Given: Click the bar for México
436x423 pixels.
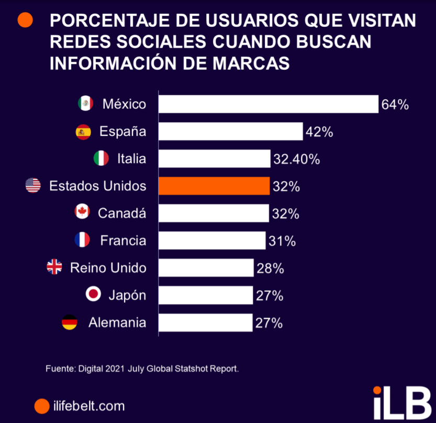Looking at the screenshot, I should tap(268, 104).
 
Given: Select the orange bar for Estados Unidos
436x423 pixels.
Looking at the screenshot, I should tap(214, 186).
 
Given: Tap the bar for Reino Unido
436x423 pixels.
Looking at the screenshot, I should tap(206, 268).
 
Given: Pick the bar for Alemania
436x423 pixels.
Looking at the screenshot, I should tap(205, 322).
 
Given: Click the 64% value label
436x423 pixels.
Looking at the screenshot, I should tap(395, 104).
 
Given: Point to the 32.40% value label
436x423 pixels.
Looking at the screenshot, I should tap(296, 159).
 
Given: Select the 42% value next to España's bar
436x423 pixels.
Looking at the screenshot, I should tap(319, 132).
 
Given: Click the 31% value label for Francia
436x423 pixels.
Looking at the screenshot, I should tap(282, 241).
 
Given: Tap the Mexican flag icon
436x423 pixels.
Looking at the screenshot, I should tap(85, 104).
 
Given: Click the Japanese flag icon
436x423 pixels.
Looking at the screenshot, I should tap(93, 295).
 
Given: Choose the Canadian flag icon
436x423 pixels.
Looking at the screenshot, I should tap(83, 213).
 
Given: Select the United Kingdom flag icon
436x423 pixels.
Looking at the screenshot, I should tap(54, 268).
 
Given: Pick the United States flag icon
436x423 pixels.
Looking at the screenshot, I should tap(33, 186).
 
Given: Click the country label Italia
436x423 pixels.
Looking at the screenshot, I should tap(131, 158).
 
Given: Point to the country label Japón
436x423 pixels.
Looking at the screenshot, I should tap(127, 295).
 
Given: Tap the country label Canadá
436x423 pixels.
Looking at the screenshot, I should tap(121, 213).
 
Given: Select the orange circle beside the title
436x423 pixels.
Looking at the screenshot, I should tap(25, 20).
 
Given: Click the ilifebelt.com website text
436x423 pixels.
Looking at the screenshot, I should tap(89, 405).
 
